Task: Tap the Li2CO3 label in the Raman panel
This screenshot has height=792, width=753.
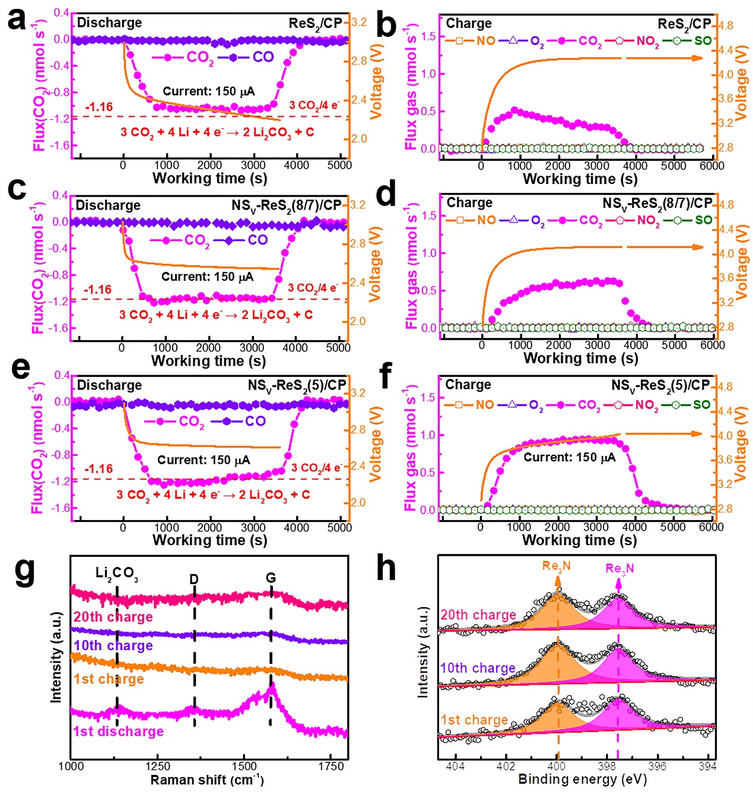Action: (x=116, y=574)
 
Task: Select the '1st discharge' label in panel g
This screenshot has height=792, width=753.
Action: (x=118, y=731)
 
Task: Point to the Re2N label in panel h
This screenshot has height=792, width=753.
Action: (x=556, y=566)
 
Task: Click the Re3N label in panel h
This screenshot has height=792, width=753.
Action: (x=619, y=569)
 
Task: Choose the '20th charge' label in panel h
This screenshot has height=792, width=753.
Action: (x=478, y=615)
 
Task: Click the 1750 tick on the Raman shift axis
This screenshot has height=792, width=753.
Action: (x=331, y=766)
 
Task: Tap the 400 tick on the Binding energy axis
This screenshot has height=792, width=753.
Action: (x=557, y=766)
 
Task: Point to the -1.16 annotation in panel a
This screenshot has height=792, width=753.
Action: (x=99, y=107)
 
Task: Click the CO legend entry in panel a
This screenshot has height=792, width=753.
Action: (x=263, y=57)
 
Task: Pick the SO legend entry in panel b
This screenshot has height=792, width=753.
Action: (x=702, y=41)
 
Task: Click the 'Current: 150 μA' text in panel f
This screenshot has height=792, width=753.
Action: (x=569, y=457)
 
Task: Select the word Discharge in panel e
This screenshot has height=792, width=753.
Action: (x=109, y=385)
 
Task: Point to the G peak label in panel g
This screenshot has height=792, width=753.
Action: (x=271, y=578)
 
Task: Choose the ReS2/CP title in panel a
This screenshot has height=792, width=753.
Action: (x=315, y=23)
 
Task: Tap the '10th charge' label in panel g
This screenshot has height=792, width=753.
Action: (x=113, y=646)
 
